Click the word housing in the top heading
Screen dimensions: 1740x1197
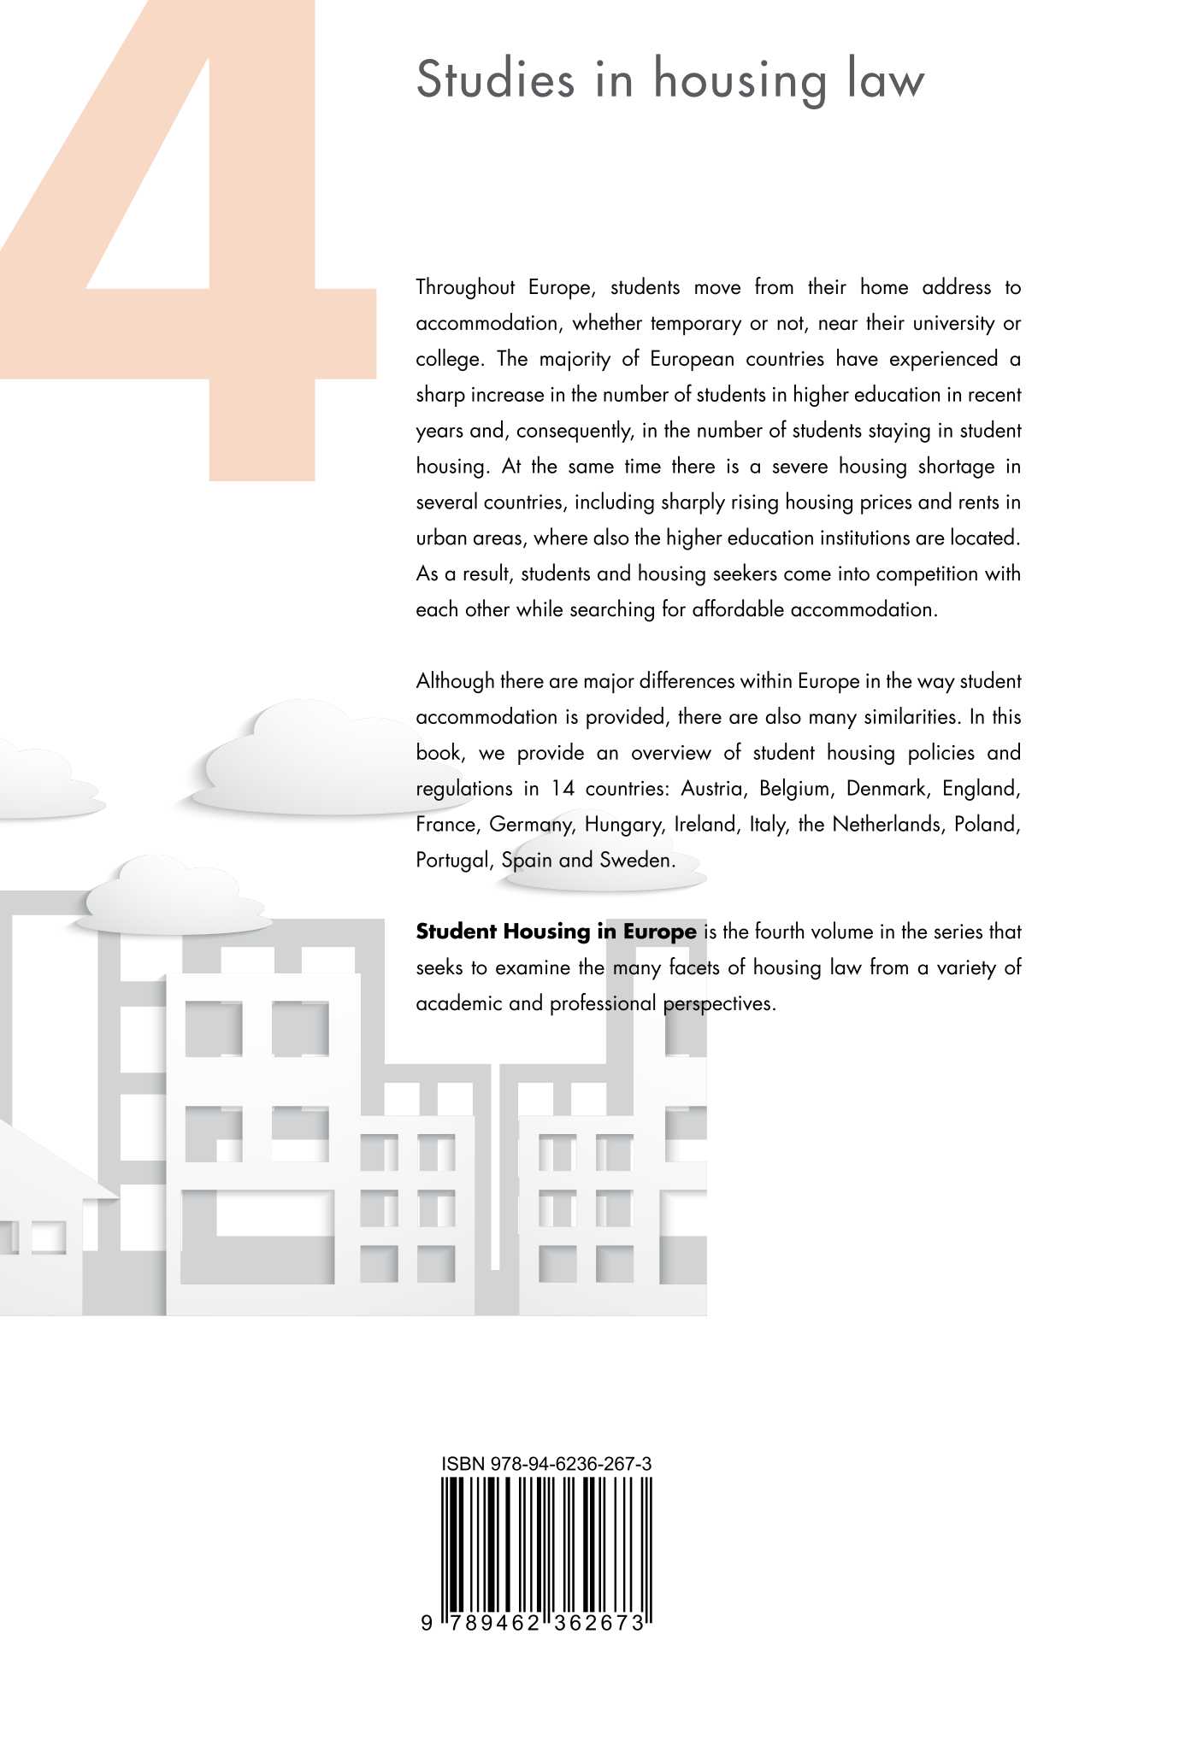(740, 81)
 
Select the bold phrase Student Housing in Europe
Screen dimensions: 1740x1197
(556, 932)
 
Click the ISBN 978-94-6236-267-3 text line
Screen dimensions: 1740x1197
(546, 1464)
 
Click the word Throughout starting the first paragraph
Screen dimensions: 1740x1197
(465, 287)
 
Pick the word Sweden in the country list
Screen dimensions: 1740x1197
(636, 860)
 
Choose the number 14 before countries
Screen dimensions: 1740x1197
(562, 788)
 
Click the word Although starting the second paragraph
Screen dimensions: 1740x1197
(455, 681)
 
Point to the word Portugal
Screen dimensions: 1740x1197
(454, 860)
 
